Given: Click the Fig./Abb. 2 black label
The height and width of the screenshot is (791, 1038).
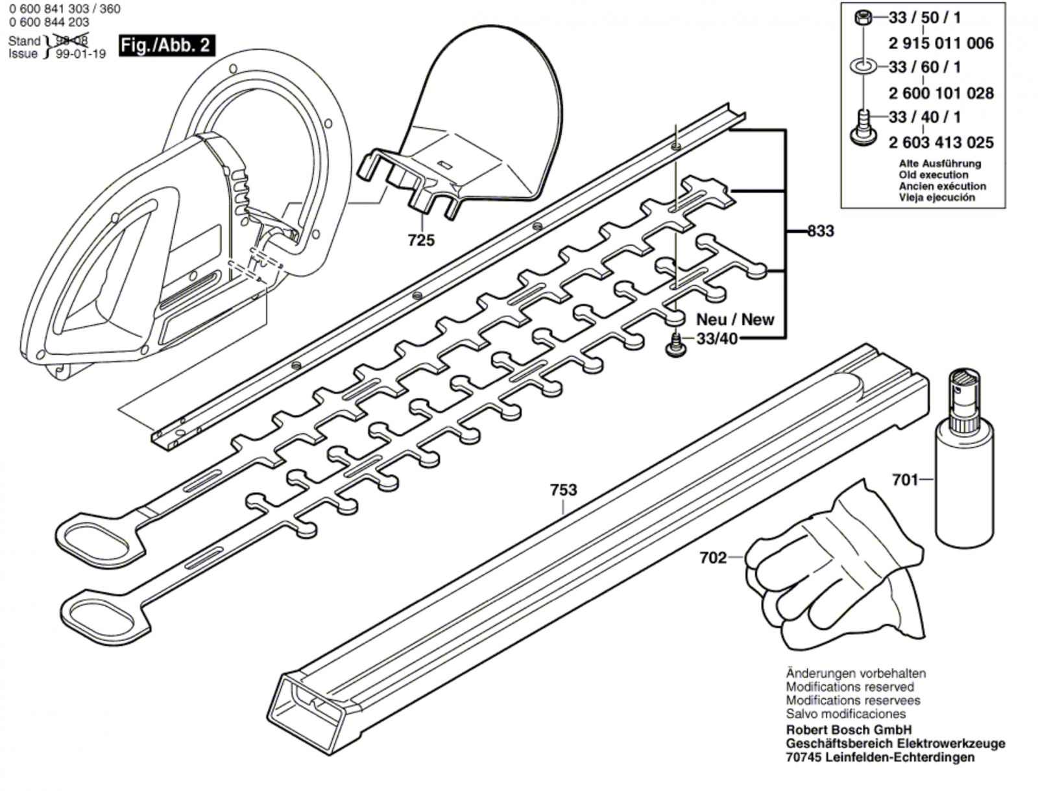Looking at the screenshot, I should tap(166, 45).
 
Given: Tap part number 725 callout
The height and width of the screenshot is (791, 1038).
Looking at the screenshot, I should tap(421, 241).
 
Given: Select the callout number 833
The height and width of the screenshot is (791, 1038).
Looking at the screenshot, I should tap(821, 231).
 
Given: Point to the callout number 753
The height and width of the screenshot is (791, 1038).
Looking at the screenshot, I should tap(563, 490).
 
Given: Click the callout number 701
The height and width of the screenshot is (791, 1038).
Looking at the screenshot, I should tap(905, 480).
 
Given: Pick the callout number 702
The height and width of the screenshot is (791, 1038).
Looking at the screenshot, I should tap(713, 558).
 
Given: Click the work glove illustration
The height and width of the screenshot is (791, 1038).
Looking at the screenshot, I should tap(837, 571).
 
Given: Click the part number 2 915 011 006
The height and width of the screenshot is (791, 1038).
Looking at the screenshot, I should tap(941, 43).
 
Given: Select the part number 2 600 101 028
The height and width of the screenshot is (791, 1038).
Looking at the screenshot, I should tap(941, 93).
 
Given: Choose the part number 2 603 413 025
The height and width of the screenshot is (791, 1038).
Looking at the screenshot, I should tap(941, 142).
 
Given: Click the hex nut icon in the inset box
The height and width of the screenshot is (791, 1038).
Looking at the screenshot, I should tap(864, 18).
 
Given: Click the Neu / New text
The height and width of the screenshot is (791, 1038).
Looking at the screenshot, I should tap(735, 319).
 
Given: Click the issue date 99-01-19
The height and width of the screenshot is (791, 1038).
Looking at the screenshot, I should tap(80, 54).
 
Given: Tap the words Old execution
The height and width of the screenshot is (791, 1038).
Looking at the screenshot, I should tap(933, 175).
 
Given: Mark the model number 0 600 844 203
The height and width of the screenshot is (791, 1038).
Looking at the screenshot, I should tap(49, 22).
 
